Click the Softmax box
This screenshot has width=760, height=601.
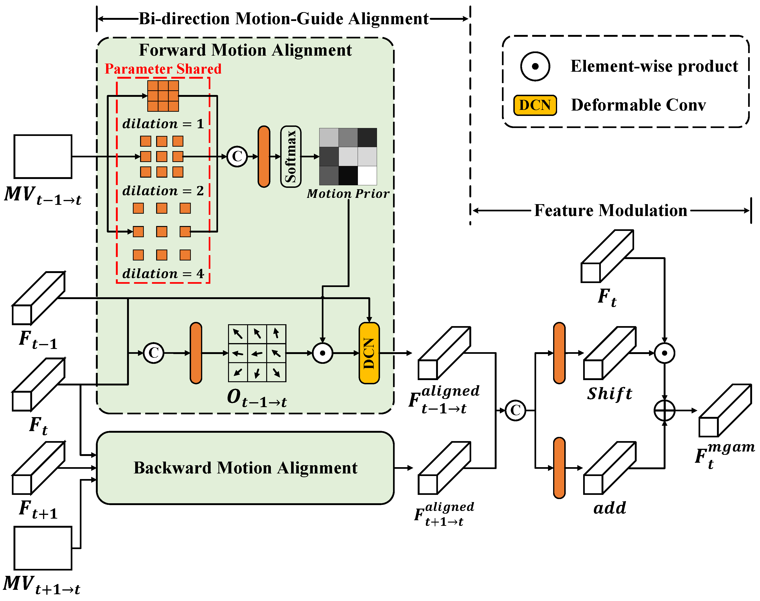[290, 157]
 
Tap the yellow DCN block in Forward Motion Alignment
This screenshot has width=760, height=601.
[369, 353]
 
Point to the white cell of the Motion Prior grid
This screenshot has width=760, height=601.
[367, 176]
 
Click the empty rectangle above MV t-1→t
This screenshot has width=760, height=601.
[43, 157]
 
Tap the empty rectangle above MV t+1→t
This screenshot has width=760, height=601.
[43, 548]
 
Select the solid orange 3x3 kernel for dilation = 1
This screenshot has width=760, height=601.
[163, 96]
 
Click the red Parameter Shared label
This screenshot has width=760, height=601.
[163, 69]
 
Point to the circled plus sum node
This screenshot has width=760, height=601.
[664, 410]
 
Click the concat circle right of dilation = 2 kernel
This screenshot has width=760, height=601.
[237, 157]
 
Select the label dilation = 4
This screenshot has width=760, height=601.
[163, 273]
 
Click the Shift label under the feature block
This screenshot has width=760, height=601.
[609, 393]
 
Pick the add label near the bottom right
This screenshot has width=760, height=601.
[609, 508]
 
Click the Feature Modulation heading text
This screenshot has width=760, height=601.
[611, 210]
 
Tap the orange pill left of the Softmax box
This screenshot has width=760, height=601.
[264, 157]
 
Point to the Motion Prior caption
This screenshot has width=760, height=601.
[348, 193]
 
